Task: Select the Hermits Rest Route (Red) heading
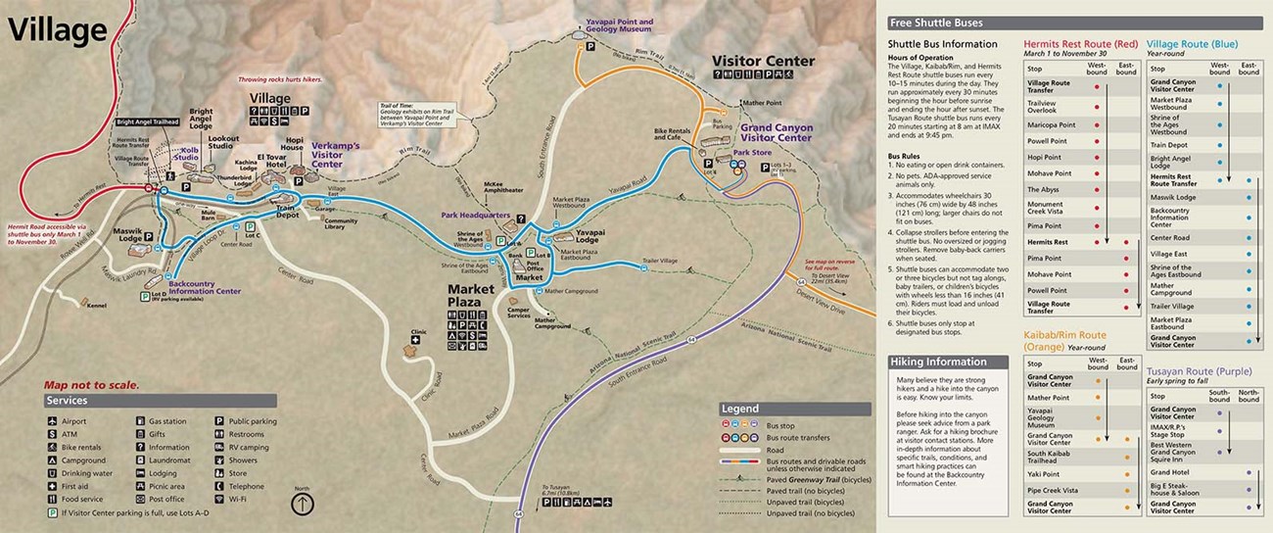[x=1080, y=44]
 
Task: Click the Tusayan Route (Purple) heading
[x=1201, y=373]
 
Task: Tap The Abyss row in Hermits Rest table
[x=1043, y=189]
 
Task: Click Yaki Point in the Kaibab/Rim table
[x=1043, y=474]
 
